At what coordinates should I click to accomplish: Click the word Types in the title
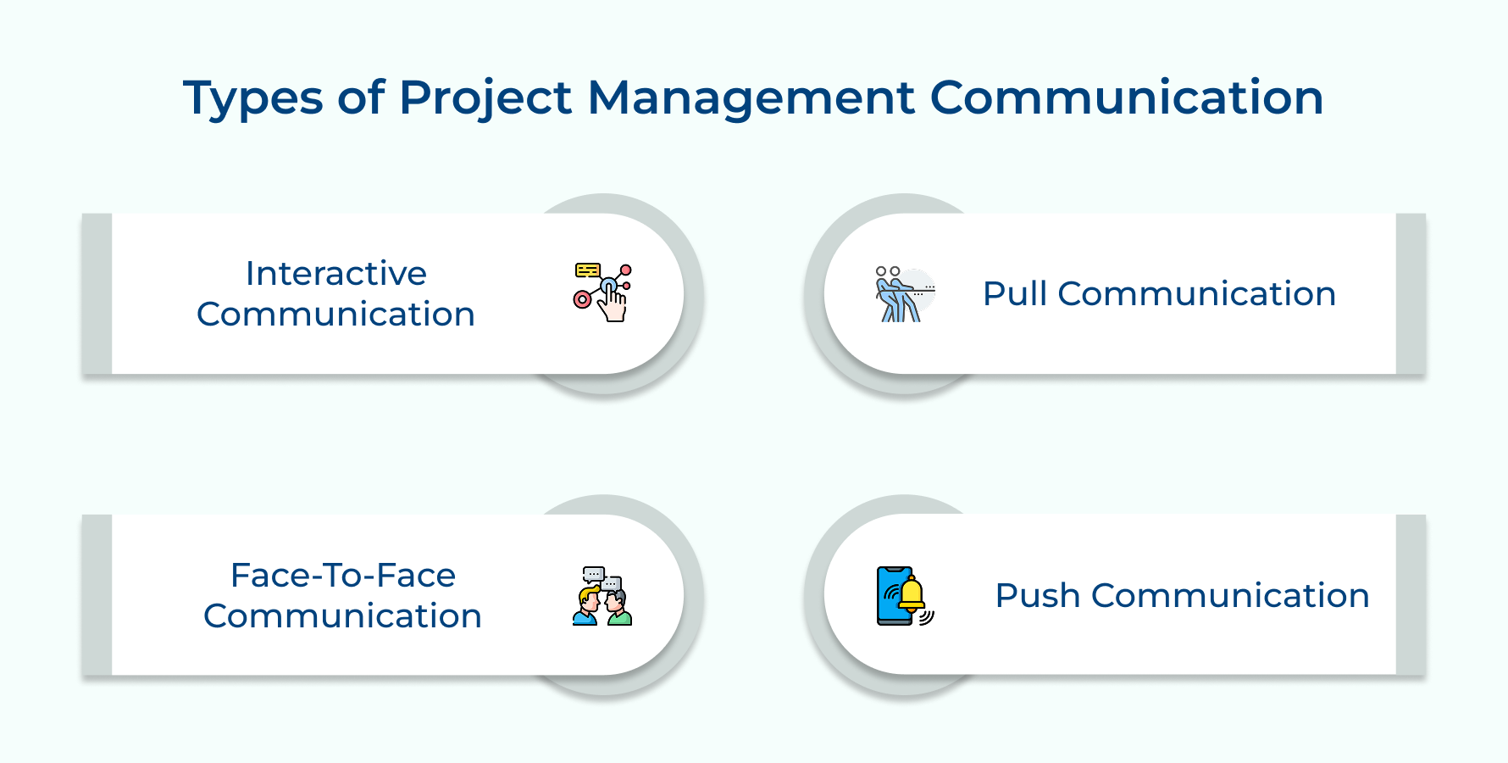[252, 98]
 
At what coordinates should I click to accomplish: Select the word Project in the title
[485, 98]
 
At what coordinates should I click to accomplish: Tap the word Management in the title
[751, 98]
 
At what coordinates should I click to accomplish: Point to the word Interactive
[336, 274]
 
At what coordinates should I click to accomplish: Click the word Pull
[1015, 294]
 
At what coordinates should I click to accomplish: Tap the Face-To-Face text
[343, 576]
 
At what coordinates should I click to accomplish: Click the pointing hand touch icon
[612, 302]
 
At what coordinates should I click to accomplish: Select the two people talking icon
[602, 597]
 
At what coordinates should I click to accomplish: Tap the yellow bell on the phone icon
[912, 593]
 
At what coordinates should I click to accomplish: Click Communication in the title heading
[1126, 98]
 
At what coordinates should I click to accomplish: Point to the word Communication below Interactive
[336, 315]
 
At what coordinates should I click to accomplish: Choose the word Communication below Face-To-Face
[343, 616]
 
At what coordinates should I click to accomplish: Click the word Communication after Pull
[1197, 294]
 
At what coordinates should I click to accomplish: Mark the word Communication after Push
[1230, 596]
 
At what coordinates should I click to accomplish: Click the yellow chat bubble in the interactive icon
[587, 270]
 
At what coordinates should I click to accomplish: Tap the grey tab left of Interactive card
[97, 293]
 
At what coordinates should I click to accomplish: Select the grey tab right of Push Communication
[1411, 595]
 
